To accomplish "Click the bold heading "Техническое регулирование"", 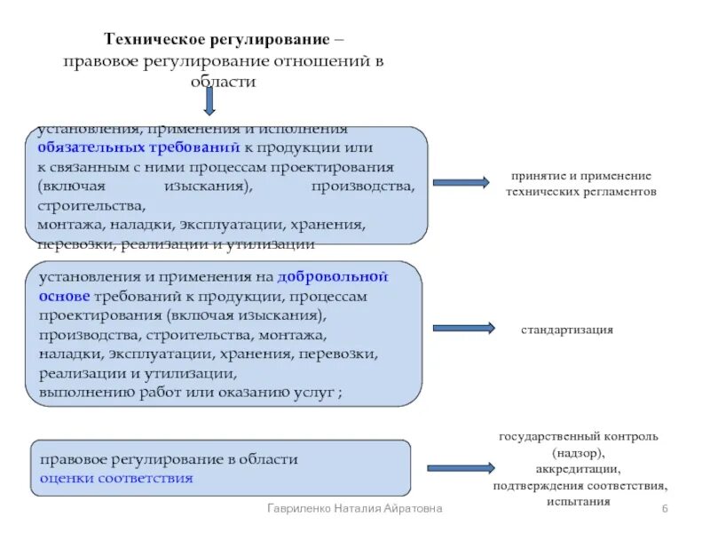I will coord(218,40).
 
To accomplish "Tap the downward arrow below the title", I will coord(209,101).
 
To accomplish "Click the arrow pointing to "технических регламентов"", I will coord(461,182).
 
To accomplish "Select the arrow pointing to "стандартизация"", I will coord(462,329).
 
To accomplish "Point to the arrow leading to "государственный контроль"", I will coord(460,467).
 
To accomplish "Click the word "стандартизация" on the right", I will coord(567,330).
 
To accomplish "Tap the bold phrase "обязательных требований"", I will coord(139,147).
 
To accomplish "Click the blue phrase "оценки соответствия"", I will coord(116,478).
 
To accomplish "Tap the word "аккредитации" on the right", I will coord(578,469).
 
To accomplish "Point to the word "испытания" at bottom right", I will coord(579,501).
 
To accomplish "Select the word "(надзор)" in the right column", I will coord(578,453).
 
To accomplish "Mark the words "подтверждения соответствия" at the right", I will coord(579,485).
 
